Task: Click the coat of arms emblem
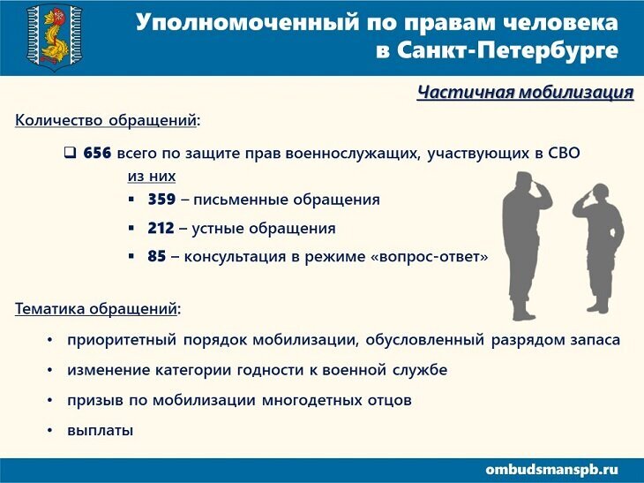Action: pyautogui.click(x=54, y=37)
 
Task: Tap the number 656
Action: pyautogui.click(x=97, y=153)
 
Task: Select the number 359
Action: pyautogui.click(x=161, y=200)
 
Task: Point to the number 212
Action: pyautogui.click(x=161, y=228)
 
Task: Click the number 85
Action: pyautogui.click(x=157, y=256)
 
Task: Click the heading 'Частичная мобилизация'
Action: pyautogui.click(x=525, y=92)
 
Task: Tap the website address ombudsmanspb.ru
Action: pyautogui.click(x=551, y=470)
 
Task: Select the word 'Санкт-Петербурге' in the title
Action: pyautogui.click(x=507, y=50)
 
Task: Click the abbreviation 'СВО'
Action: pyautogui.click(x=564, y=153)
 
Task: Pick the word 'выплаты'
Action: pyautogui.click(x=101, y=431)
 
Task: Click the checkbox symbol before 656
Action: pyautogui.click(x=70, y=153)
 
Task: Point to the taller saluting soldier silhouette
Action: pyautogui.click(x=527, y=245)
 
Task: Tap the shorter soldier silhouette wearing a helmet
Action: pyautogui.click(x=598, y=248)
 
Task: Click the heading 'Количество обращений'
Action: pyautogui.click(x=106, y=120)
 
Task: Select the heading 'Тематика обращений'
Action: pyautogui.click(x=95, y=309)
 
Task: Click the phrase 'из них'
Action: pyautogui.click(x=152, y=176)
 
